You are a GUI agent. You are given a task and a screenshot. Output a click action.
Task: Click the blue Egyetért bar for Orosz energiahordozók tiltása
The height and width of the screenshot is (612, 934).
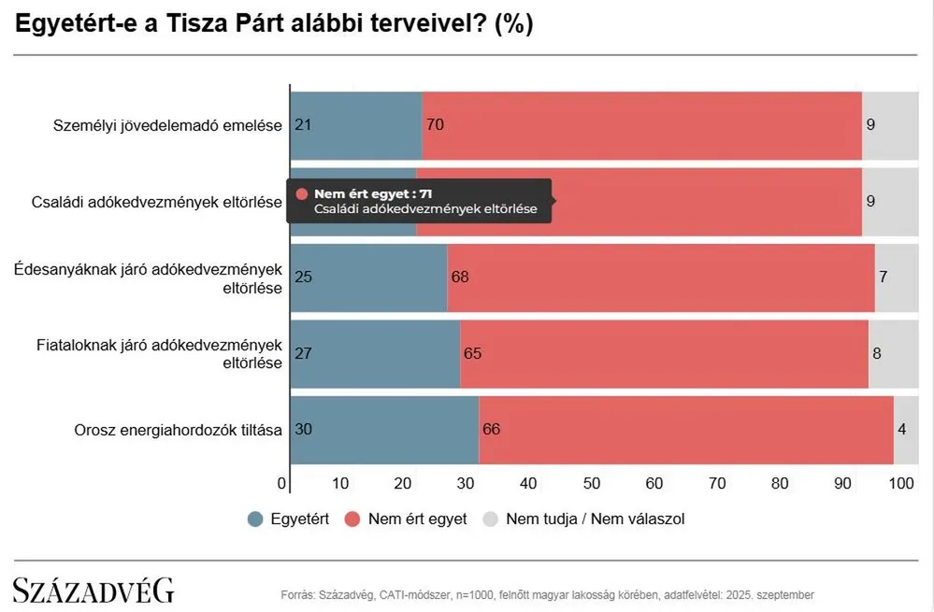coord(384,430)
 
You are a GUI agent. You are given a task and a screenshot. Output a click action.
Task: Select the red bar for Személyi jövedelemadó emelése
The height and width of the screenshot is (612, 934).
coord(641,125)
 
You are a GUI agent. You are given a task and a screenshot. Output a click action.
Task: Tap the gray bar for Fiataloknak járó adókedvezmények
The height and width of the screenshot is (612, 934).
coord(894,353)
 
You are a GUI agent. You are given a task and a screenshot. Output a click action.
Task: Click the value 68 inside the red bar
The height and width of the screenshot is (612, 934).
coord(459,277)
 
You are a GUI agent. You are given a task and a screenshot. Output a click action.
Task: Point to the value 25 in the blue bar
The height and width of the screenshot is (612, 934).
coord(302,277)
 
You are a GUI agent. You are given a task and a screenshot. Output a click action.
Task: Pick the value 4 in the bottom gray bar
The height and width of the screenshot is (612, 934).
coord(902,430)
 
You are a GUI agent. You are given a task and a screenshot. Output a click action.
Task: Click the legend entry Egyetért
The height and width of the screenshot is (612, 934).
coord(288,519)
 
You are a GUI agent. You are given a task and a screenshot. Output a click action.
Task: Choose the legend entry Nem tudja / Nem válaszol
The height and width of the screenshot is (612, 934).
coord(584,519)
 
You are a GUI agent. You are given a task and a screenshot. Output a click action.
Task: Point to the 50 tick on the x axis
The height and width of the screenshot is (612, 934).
coord(591,483)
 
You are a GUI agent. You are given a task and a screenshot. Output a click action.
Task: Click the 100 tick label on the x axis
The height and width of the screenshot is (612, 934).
coord(901,483)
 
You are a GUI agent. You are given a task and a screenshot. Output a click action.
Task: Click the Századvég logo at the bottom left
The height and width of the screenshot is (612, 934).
coord(93,591)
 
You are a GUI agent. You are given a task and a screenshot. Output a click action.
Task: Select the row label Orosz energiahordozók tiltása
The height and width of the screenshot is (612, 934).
coord(178,431)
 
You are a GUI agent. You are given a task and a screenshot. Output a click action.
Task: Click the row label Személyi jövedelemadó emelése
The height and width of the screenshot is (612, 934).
coord(167,125)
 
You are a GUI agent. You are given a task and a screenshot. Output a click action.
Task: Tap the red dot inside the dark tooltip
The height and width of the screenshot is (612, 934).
coord(301,193)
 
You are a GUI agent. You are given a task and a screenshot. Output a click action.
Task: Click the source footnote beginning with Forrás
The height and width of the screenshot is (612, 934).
coord(547,594)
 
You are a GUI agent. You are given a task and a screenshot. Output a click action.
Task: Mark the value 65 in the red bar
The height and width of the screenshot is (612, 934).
coord(472,353)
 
